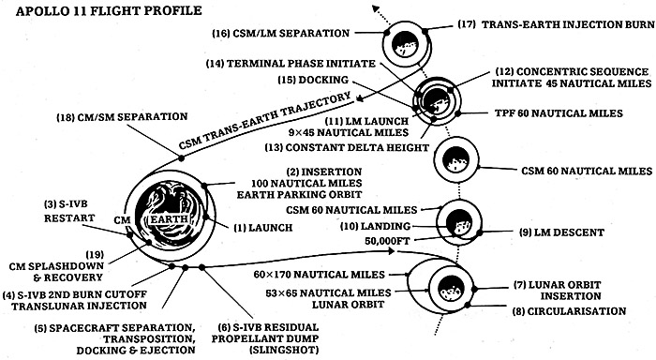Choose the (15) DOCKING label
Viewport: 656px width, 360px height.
tap(325, 80)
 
